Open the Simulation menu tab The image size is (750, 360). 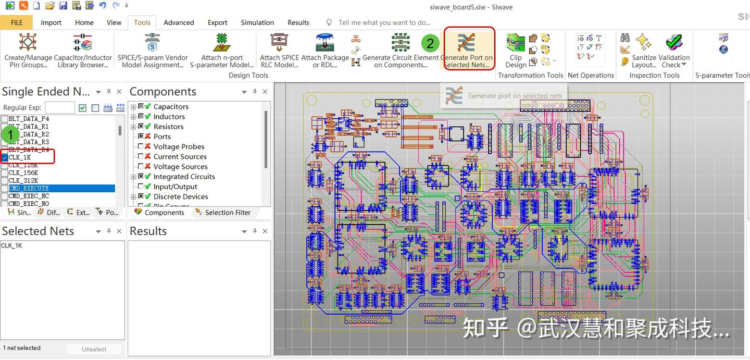pyautogui.click(x=257, y=22)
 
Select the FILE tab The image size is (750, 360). pyautogui.click(x=16, y=22)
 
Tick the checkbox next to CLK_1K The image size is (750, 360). pyautogui.click(x=5, y=157)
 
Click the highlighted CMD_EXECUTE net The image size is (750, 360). pyautogui.click(x=29, y=188)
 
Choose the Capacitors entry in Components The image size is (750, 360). pyautogui.click(x=171, y=107)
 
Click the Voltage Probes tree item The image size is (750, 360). pyautogui.click(x=179, y=147)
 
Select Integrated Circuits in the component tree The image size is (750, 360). pyautogui.click(x=184, y=177)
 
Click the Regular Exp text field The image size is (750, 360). pyautogui.click(x=59, y=108)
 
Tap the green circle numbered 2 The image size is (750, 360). pyautogui.click(x=430, y=43)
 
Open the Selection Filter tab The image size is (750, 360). pyautogui.click(x=227, y=213)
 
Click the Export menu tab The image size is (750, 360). pyautogui.click(x=217, y=22)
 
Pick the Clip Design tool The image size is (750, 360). pyautogui.click(x=516, y=51)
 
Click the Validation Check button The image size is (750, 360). pyautogui.click(x=674, y=51)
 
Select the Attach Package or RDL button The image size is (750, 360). pyautogui.click(x=325, y=51)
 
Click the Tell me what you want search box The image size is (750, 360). pyautogui.click(x=384, y=22)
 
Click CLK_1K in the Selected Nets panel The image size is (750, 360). pyautogui.click(x=11, y=246)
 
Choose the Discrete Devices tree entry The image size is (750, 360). pyautogui.click(x=181, y=197)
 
